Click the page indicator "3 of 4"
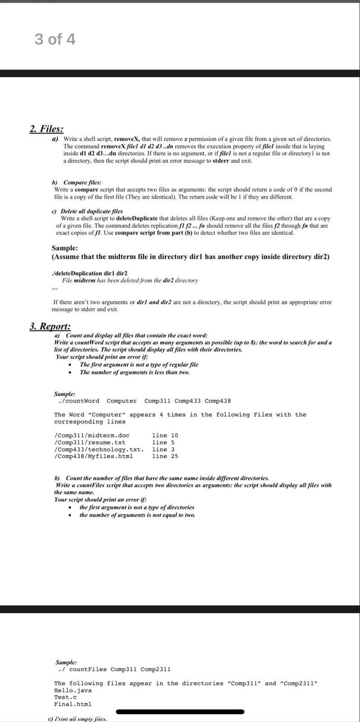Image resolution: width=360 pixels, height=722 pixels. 55,40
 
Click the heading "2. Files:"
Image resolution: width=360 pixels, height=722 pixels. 46,129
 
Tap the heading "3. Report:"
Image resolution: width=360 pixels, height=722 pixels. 50,326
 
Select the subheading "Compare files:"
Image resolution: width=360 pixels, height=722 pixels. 82,182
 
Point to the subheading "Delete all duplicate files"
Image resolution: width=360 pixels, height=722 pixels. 92,211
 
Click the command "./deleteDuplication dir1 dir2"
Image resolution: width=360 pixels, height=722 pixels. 90,273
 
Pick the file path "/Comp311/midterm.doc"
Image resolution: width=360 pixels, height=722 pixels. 92,435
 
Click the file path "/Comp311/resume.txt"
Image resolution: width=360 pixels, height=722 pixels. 90,442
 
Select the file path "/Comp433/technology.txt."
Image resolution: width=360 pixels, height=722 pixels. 99,449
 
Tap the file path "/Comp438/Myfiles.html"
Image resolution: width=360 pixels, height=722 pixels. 93,456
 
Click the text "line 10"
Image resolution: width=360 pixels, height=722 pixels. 165,435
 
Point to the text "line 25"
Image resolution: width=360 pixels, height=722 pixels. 165,456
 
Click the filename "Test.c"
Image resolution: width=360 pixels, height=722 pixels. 65,697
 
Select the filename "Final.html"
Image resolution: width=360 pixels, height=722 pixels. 73,704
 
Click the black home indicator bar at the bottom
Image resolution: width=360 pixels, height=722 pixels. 180,712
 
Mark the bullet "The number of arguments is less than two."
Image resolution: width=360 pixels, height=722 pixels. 134,372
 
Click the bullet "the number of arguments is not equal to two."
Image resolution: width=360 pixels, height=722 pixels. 137,515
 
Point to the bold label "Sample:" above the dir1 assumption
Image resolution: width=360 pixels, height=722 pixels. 65,248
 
